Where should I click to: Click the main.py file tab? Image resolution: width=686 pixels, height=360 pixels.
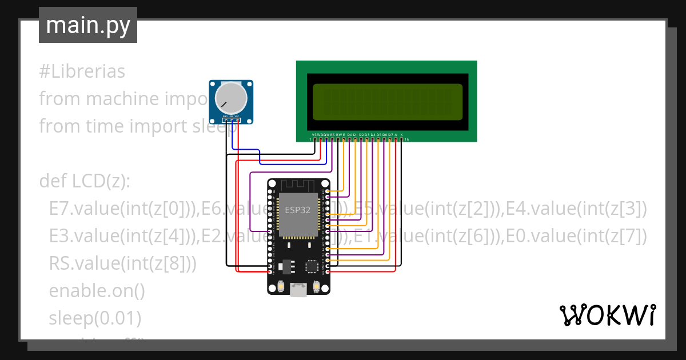87,25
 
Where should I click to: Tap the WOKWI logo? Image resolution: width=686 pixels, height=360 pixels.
607,315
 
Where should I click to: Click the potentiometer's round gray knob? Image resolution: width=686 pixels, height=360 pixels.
231,98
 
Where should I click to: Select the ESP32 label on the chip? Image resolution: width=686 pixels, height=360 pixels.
298,210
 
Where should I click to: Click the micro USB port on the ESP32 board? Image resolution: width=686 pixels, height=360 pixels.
298,290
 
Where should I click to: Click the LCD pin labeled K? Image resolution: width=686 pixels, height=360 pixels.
401,139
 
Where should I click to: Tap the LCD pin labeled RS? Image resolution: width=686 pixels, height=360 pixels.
332,139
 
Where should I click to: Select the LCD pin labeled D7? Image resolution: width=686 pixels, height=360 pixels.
390,139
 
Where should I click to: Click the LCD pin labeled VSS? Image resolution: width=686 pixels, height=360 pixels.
315,139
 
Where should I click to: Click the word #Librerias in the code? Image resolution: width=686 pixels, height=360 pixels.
82,72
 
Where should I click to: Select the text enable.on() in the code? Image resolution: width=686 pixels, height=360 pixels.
97,290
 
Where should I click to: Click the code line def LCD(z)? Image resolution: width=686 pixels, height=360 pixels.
85,181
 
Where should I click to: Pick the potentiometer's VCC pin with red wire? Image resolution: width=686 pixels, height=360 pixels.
237,121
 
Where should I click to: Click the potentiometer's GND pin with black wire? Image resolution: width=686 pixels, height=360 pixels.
225,121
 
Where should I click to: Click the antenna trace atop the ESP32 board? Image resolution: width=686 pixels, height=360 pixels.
298,186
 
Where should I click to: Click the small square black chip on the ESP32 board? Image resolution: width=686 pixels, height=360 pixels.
312,266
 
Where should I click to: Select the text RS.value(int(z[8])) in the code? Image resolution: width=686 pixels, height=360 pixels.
122,263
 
